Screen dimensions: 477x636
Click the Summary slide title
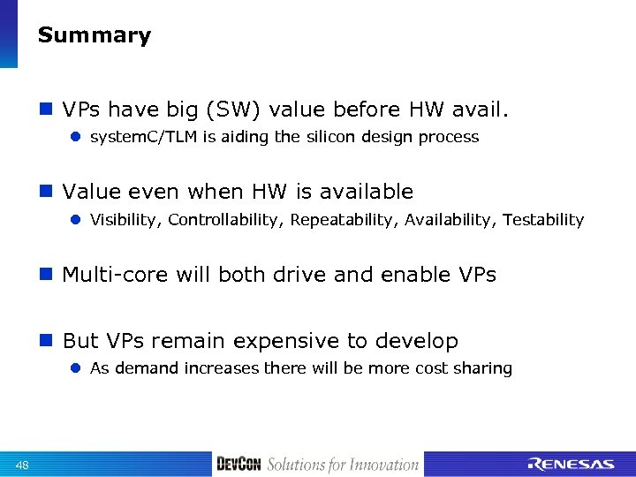click(95, 36)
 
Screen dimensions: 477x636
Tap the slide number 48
click(22, 466)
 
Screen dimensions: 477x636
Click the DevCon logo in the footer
click(238, 465)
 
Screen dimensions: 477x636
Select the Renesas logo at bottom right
click(571, 465)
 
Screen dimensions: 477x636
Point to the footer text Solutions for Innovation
click(343, 465)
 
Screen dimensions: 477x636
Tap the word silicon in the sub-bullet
click(331, 137)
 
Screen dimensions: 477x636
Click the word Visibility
click(125, 220)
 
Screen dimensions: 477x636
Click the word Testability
click(543, 220)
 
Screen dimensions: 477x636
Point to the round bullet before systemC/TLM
click(76, 138)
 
